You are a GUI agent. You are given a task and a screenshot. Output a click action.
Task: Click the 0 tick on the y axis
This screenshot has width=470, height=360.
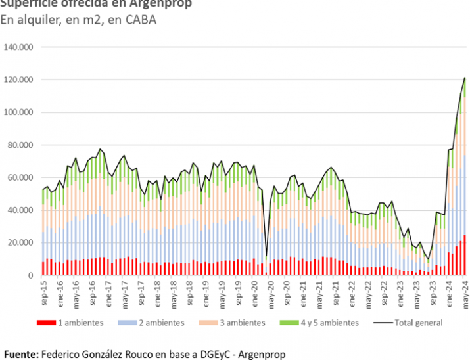(30, 275)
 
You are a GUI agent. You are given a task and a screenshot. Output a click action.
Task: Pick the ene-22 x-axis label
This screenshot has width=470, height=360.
(352, 292)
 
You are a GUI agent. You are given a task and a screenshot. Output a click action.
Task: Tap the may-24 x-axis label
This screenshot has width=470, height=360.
(465, 292)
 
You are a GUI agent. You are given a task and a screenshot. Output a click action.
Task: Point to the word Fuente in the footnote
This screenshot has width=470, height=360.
(20, 354)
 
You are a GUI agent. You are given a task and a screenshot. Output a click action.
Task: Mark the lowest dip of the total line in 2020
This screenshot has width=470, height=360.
(266, 256)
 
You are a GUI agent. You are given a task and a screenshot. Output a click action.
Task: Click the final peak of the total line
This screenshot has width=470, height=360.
(465, 78)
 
